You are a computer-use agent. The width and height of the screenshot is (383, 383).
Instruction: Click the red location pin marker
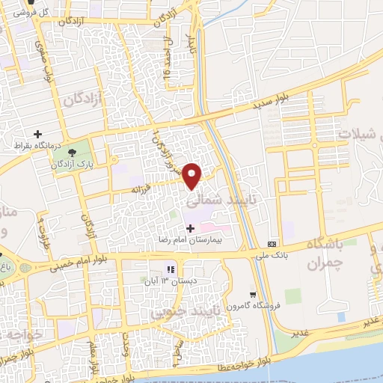193,175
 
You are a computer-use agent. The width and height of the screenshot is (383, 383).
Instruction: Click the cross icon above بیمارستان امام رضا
189,228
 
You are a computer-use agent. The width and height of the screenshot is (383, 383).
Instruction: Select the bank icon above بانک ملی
272,245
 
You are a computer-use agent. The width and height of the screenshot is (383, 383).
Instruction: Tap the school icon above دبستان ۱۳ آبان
170,269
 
